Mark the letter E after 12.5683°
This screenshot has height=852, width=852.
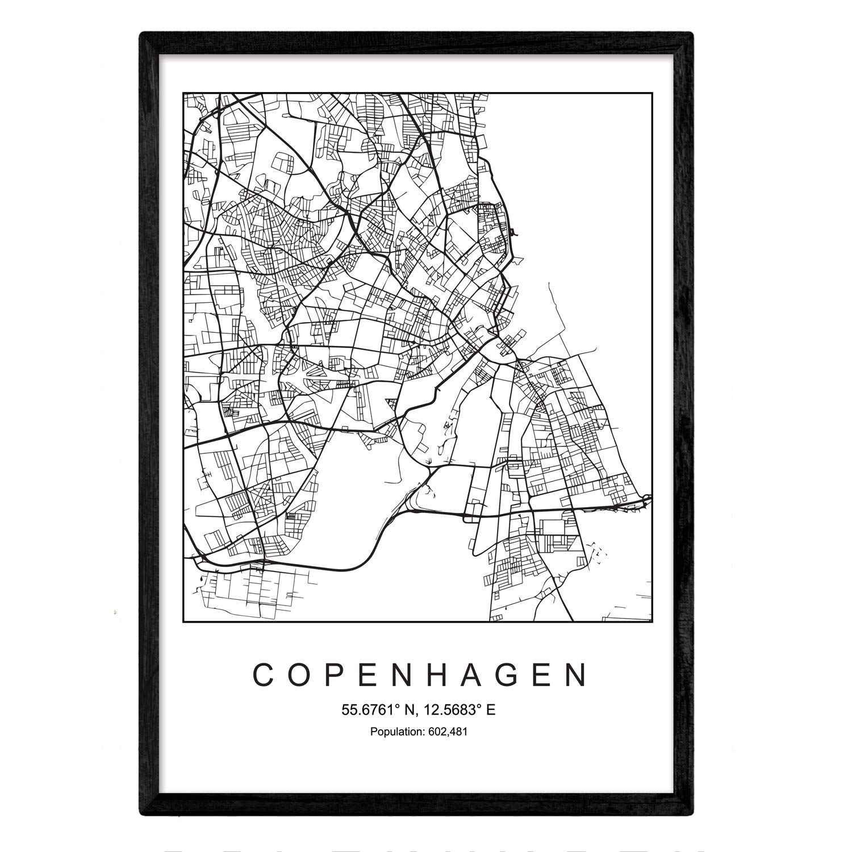click(x=491, y=710)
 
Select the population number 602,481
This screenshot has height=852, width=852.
click(x=448, y=732)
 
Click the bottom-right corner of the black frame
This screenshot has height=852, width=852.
click(x=692, y=815)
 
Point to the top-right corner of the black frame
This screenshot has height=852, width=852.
click(x=692, y=34)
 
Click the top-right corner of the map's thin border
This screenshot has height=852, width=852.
click(x=652, y=93)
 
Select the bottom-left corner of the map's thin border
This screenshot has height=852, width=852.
click(x=183, y=622)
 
